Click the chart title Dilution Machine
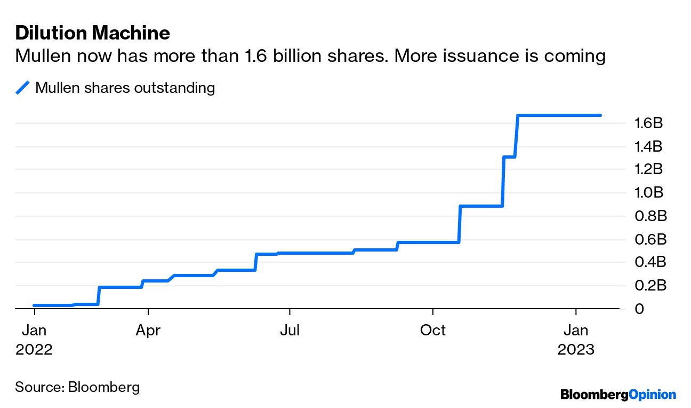tap(93, 33)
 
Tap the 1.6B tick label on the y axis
tap(648, 123)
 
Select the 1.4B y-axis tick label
tap(648, 146)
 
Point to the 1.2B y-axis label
tap(648, 169)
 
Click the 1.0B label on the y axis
tap(648, 193)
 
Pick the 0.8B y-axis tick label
tap(648, 216)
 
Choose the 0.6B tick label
tap(648, 239)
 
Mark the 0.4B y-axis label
tap(648, 262)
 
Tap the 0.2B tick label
tap(648, 286)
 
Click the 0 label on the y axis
tap(638, 309)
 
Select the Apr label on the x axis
tap(148, 331)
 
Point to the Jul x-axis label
tap(290, 331)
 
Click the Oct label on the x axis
tap(432, 331)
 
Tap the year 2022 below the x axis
tap(34, 349)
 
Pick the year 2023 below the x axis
tap(576, 349)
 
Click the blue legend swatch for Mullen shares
tap(22, 88)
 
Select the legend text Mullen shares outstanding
tap(125, 88)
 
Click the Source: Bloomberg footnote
tap(77, 387)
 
